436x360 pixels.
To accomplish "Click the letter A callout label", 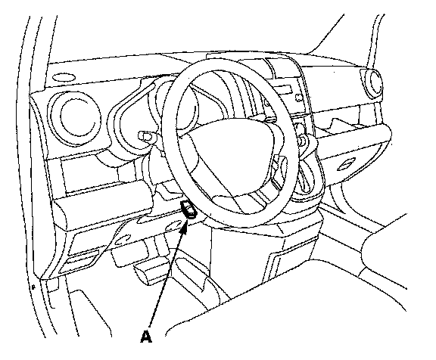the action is pos(146,337).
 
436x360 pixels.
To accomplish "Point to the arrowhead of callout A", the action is pos(184,225).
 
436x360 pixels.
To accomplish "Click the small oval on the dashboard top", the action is pos(64,77).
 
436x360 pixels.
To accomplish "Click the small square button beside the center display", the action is pos(299,98).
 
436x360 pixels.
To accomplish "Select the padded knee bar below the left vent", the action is pos(103,209).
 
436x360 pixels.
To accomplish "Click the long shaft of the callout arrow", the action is pos(167,278).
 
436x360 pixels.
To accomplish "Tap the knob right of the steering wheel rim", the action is pos(303,139).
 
